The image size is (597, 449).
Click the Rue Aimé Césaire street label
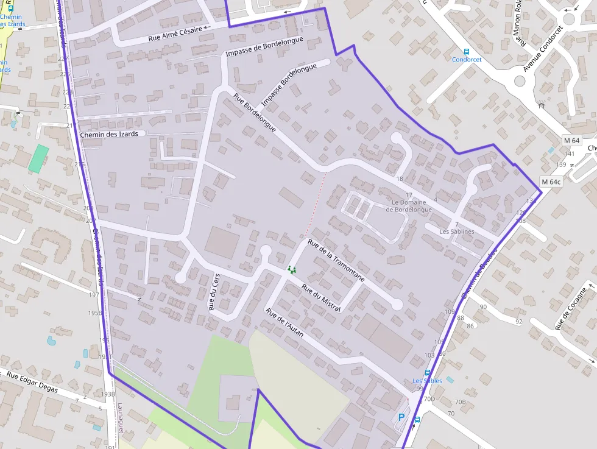click(x=175, y=34)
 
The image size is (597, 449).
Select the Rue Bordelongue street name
click(x=255, y=114)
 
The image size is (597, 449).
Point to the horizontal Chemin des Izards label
click(x=113, y=134)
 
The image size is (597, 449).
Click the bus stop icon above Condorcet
click(x=467, y=52)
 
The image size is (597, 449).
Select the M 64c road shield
click(x=551, y=182)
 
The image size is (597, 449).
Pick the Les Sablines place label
click(x=457, y=232)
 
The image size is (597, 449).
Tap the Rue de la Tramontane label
click(x=337, y=260)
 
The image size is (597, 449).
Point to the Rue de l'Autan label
click(x=284, y=323)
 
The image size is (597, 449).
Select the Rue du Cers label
click(x=214, y=292)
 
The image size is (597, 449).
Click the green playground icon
click(x=292, y=269)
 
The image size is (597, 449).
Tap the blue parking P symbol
click(x=401, y=417)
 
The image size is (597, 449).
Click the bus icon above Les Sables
click(x=427, y=373)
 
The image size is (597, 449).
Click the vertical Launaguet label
click(x=121, y=418)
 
